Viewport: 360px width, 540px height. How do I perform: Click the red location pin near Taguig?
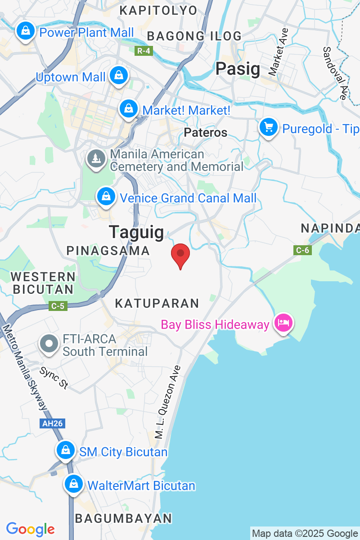180,255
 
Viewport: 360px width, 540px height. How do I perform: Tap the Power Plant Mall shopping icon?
26,31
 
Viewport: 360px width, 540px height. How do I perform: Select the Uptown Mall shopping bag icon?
119,75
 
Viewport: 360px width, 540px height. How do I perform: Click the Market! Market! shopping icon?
129,108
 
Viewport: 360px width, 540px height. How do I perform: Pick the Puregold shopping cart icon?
269,127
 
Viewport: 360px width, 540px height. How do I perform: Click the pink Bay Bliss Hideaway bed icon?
284,323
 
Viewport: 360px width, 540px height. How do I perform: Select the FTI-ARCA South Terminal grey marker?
49,344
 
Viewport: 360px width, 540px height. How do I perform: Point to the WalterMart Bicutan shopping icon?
73,485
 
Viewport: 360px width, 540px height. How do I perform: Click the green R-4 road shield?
144,51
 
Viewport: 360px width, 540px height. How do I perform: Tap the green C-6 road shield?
302,250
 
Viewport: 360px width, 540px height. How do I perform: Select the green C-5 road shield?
58,306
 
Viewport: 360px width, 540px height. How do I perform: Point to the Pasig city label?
238,69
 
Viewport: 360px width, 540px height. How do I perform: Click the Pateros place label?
206,132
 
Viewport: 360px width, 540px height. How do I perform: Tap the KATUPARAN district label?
157,303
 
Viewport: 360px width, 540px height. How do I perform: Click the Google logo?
30,529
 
